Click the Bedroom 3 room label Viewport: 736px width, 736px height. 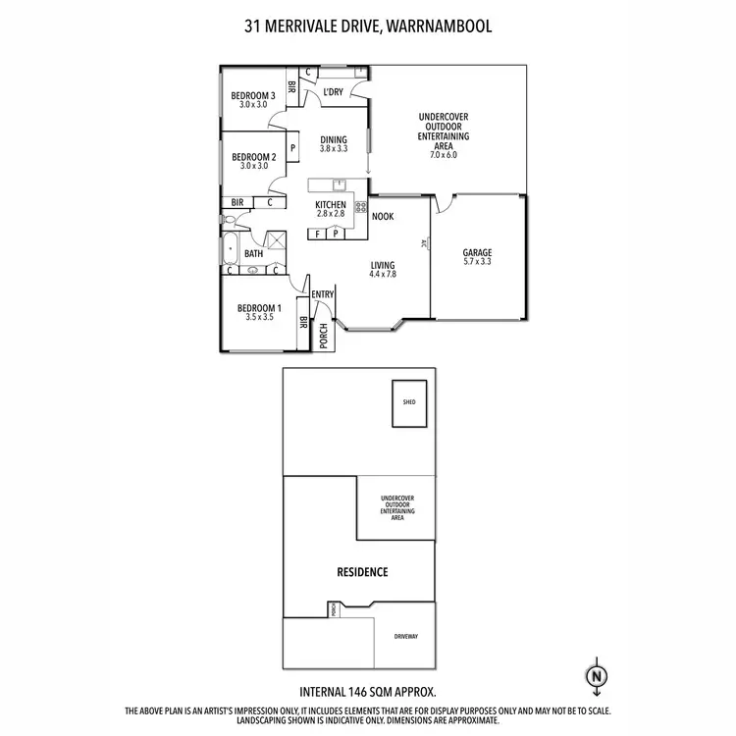click(x=252, y=96)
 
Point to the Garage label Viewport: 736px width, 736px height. click(x=478, y=253)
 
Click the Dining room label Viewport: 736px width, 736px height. click(x=334, y=140)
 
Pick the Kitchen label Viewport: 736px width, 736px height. click(x=331, y=205)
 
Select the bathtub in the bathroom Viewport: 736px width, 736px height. click(x=232, y=249)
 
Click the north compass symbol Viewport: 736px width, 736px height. click(x=595, y=676)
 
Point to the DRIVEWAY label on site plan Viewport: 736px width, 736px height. click(x=406, y=636)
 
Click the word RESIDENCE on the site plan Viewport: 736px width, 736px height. click(x=363, y=572)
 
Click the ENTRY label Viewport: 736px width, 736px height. click(x=323, y=294)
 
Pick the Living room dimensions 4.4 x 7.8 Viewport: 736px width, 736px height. click(x=383, y=275)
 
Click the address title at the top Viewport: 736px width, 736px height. click(x=368, y=26)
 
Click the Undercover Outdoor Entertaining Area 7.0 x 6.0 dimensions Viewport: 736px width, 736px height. click(x=444, y=154)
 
